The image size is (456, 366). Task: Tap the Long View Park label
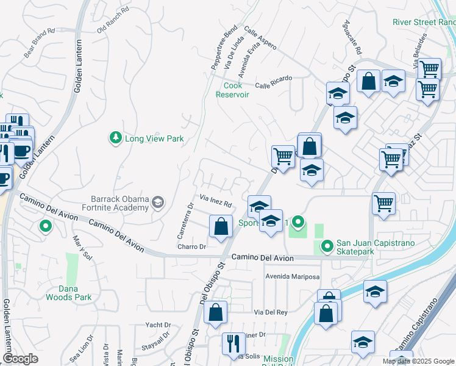(154, 139)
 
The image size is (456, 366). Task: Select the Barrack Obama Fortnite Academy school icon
(159, 203)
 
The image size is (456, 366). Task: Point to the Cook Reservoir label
(232, 90)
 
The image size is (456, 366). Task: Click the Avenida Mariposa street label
(292, 277)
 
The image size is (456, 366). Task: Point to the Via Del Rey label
(271, 312)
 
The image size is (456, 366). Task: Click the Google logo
(21, 359)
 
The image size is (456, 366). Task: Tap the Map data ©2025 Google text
(419, 361)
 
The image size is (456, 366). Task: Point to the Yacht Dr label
(157, 325)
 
